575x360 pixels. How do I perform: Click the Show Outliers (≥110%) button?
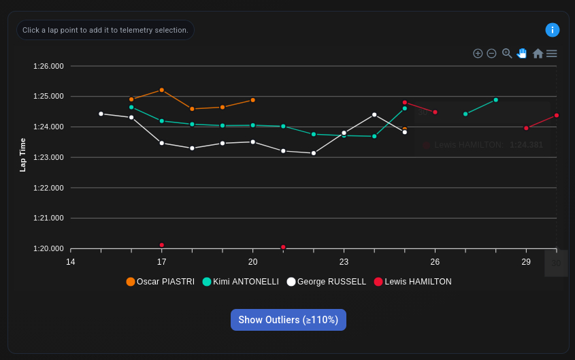(288, 320)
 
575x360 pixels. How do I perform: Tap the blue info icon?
(553, 30)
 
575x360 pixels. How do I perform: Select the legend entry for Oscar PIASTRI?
(161, 282)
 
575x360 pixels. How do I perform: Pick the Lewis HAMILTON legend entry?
(412, 282)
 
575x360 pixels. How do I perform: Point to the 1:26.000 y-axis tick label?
(48, 66)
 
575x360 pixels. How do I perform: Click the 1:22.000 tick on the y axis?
(48, 188)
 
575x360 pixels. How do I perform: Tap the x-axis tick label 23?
(344, 262)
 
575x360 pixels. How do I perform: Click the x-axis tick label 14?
(70, 262)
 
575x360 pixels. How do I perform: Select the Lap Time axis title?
(22, 154)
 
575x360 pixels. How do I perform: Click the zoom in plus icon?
(478, 53)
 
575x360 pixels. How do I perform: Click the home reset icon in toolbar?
(538, 53)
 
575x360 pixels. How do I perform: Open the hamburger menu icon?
(552, 53)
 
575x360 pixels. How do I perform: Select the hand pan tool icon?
(522, 53)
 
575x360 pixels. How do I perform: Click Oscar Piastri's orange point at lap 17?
(161, 90)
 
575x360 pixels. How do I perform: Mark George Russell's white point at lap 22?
(314, 153)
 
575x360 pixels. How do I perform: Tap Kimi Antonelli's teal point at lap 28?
(495, 100)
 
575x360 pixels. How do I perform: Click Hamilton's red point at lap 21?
(283, 247)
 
